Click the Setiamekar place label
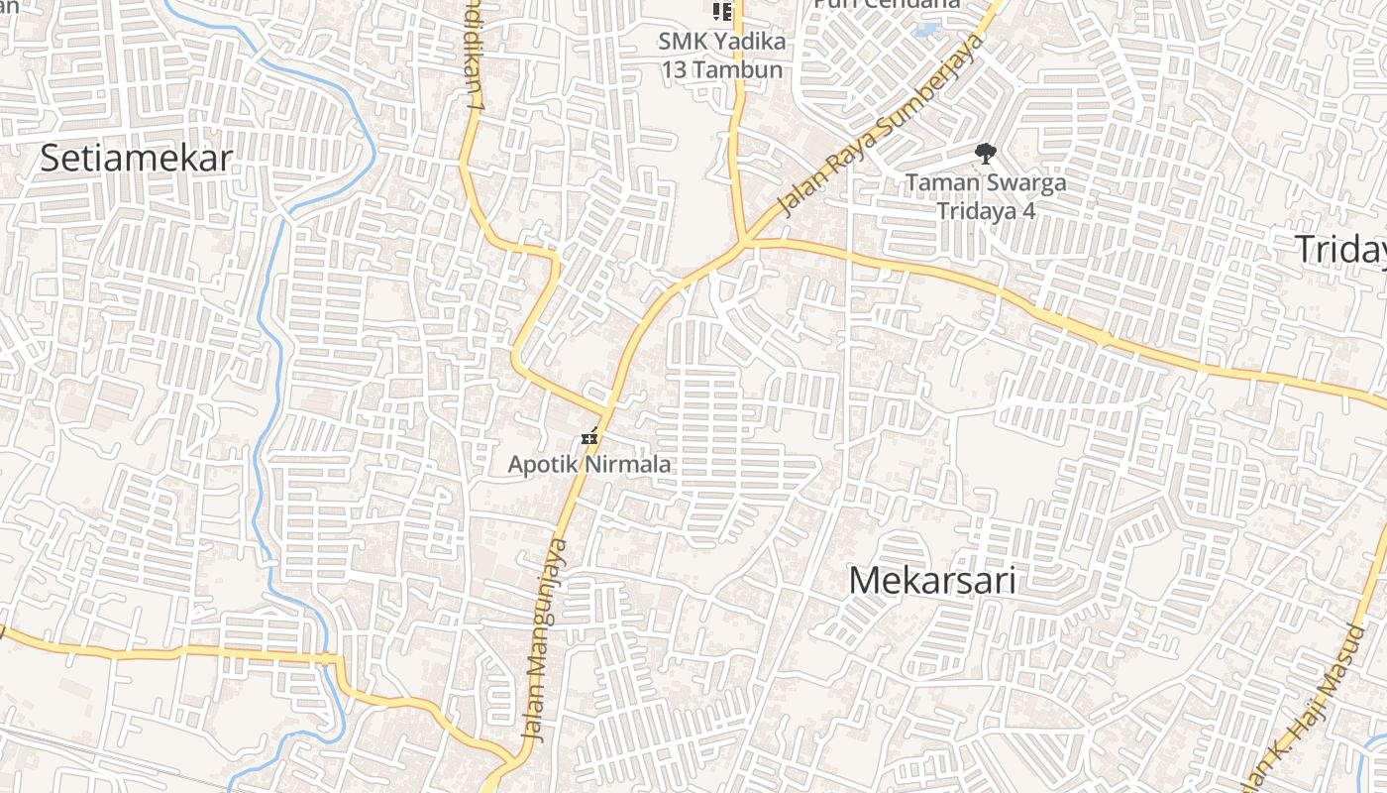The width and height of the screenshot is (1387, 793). (x=136, y=159)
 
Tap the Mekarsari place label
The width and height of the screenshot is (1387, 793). (x=931, y=581)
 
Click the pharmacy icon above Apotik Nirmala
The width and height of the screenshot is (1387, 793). (x=590, y=436)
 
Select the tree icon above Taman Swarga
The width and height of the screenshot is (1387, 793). (x=985, y=154)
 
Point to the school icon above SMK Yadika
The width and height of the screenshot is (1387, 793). (x=722, y=12)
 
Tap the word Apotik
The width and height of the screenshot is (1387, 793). (x=543, y=464)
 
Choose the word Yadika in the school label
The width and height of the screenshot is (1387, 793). (x=749, y=43)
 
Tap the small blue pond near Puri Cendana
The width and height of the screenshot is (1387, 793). (x=927, y=30)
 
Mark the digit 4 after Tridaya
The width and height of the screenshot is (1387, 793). (x=1027, y=211)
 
